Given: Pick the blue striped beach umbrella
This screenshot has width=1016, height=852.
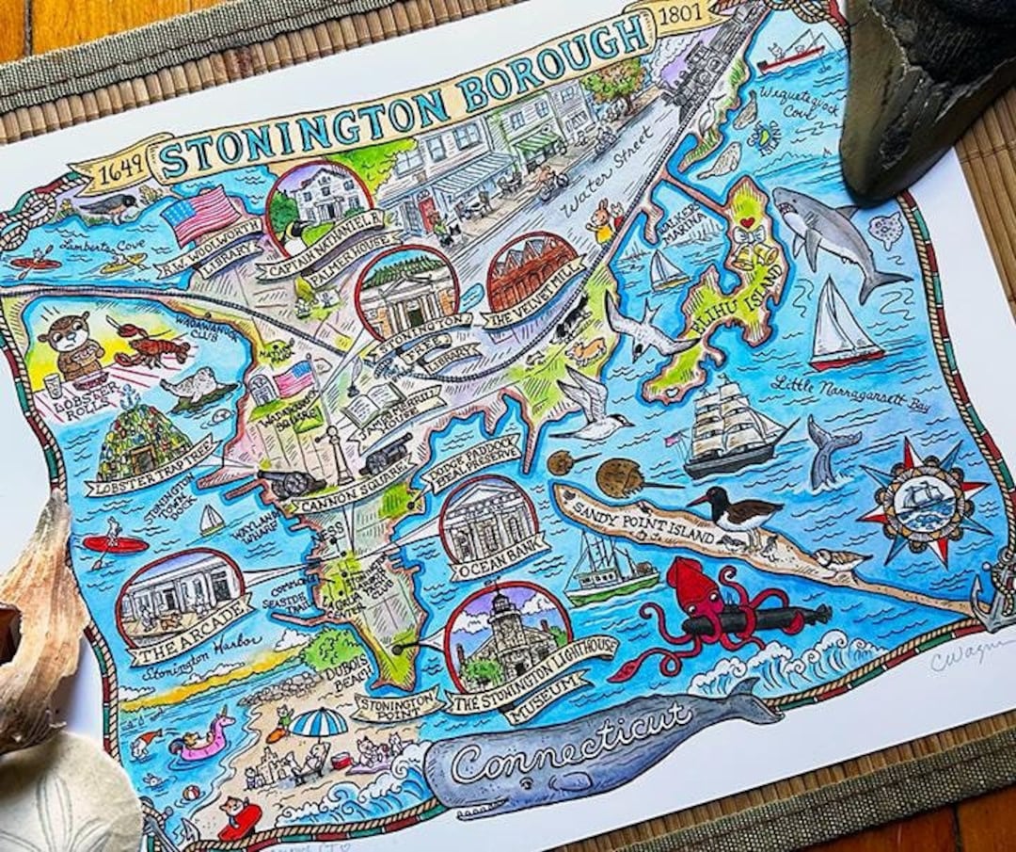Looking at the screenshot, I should pos(319,722).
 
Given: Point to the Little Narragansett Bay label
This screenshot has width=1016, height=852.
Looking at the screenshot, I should pos(836,394).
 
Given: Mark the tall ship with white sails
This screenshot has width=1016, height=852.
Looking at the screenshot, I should pos(730,429).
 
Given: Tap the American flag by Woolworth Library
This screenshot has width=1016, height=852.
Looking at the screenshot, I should pos(201,215).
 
